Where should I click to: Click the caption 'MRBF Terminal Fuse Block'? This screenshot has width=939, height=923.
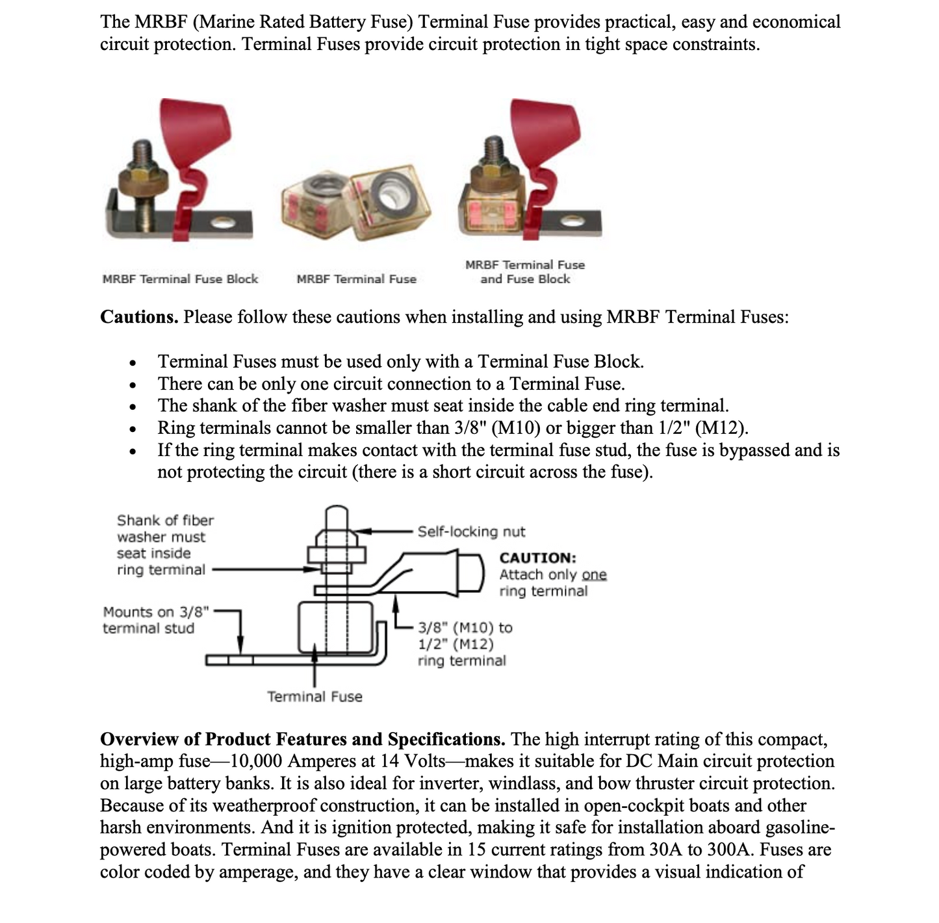180,279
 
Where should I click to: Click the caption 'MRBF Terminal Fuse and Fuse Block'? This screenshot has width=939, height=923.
525,272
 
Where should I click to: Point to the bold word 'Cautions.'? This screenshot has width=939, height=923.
139,317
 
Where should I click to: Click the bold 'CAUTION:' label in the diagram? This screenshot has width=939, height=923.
537,558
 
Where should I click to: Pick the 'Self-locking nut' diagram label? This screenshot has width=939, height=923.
471,532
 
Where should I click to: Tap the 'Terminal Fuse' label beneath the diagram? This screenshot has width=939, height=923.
315,697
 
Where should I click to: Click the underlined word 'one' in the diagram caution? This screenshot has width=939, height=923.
594,575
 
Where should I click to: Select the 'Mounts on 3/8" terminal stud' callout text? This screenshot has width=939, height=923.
156,620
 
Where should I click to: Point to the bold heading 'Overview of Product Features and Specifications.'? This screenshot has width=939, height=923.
302,739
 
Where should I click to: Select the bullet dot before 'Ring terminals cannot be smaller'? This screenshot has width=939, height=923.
133,429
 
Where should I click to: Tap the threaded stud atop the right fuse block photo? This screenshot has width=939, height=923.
495,149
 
